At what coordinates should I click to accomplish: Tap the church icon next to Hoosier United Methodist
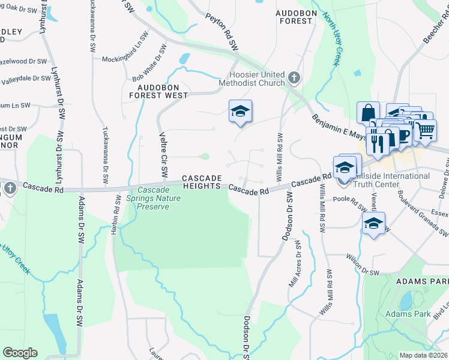coord(294,77)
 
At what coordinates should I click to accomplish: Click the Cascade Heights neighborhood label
coord(202,182)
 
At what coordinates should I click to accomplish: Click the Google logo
coord(20,353)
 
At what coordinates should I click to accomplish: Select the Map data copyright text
coord(423,355)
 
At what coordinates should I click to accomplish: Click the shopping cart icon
coord(425,129)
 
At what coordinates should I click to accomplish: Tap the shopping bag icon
coord(368,112)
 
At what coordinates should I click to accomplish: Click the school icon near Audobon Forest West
coord(240,111)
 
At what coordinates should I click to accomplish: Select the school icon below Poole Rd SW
coord(373,224)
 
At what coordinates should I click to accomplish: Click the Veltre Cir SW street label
coord(163,155)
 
